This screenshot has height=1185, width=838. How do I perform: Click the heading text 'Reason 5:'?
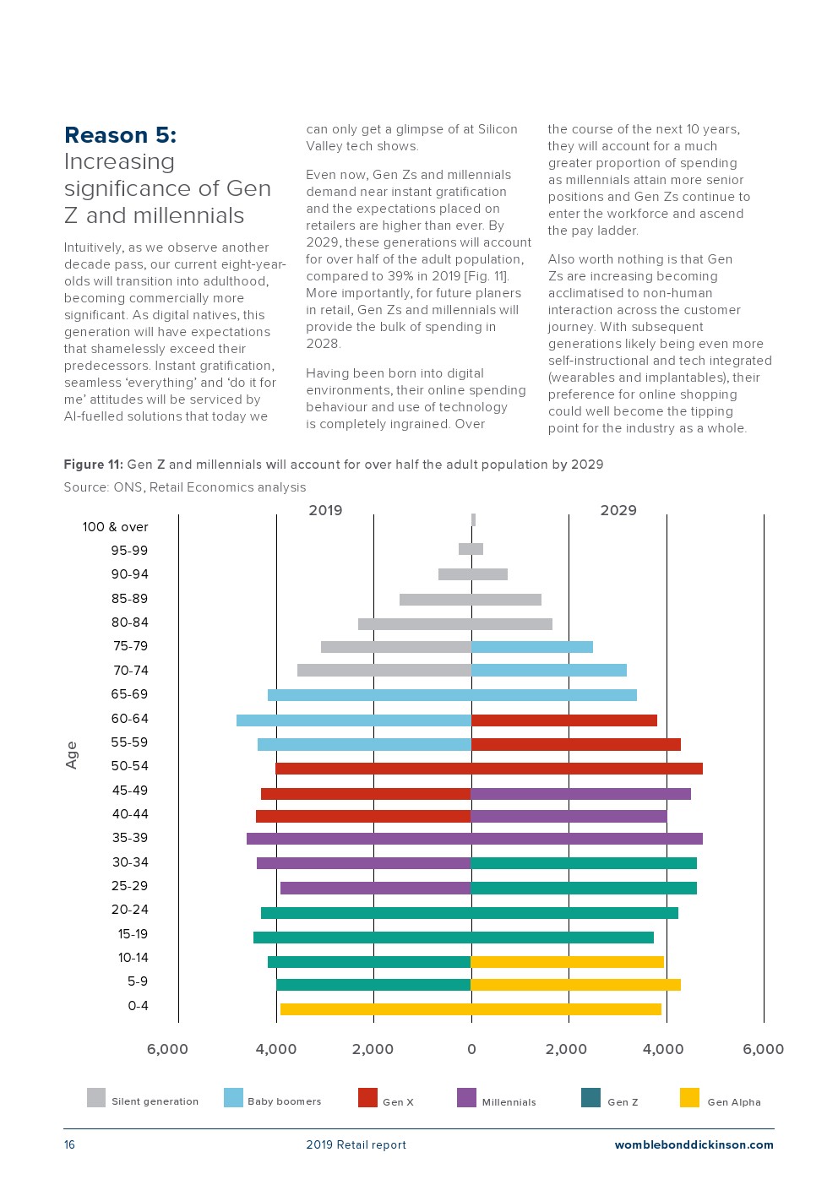click(x=120, y=135)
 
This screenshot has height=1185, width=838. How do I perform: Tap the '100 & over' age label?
click(x=115, y=527)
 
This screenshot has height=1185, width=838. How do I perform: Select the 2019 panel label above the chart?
click(x=325, y=510)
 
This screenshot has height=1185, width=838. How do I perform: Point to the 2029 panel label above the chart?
click(x=618, y=510)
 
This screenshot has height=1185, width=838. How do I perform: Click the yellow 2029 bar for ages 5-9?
click(x=575, y=985)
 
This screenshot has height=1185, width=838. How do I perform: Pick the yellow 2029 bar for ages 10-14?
click(x=567, y=961)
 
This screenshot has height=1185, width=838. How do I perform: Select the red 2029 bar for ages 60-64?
click(x=563, y=720)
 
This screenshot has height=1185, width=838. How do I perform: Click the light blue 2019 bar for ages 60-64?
click(x=354, y=720)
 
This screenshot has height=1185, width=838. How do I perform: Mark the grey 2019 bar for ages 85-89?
click(x=435, y=600)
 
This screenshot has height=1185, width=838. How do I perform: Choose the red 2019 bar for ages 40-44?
click(x=363, y=817)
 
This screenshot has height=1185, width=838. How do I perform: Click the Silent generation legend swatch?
click(x=96, y=1097)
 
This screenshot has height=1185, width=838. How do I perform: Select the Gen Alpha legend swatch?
click(x=689, y=1097)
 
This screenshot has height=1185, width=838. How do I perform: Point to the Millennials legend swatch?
click(x=466, y=1097)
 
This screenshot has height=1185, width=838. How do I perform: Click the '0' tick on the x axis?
click(x=471, y=1050)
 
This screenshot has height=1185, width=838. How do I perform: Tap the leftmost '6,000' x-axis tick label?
click(x=167, y=1050)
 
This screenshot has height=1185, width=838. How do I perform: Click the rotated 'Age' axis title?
click(x=72, y=754)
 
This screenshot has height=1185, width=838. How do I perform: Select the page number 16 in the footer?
click(x=69, y=1144)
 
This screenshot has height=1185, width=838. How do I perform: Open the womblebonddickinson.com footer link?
click(x=694, y=1145)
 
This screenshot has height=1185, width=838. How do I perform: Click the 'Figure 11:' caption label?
click(x=94, y=465)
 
